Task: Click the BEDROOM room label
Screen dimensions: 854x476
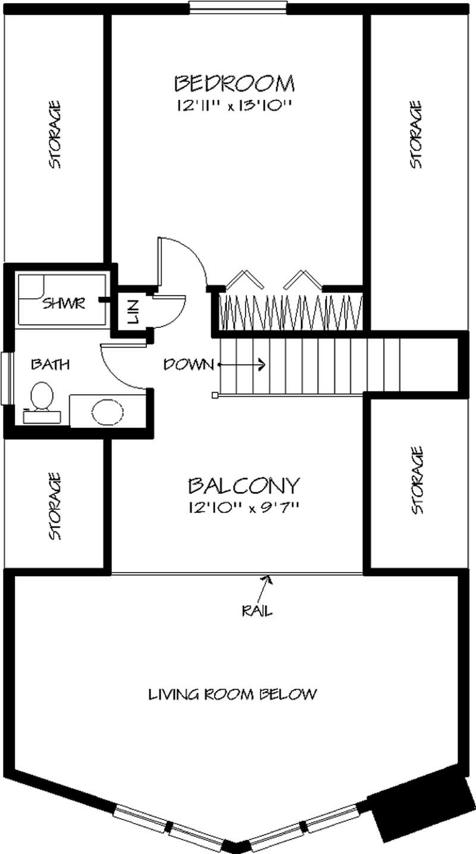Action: pyautogui.click(x=234, y=83)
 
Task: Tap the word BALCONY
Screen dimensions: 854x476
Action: pyautogui.click(x=243, y=486)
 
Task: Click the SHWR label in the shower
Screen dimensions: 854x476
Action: pyautogui.click(x=64, y=304)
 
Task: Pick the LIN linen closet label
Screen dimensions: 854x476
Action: pyautogui.click(x=132, y=311)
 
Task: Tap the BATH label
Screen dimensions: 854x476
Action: pyautogui.click(x=50, y=364)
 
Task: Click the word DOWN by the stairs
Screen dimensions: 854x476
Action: pyautogui.click(x=188, y=364)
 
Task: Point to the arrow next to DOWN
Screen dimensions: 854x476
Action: pyautogui.click(x=243, y=364)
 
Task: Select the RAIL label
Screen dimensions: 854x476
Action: pyautogui.click(x=257, y=611)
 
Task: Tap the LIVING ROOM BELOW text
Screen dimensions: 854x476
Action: pyautogui.click(x=232, y=694)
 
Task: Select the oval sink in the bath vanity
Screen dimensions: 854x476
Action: pyautogui.click(x=108, y=411)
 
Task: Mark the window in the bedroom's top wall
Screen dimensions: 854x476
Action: pyautogui.click(x=238, y=8)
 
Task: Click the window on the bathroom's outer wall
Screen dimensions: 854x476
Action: pyautogui.click(x=5, y=379)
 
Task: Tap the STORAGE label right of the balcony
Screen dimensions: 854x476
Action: pyautogui.click(x=416, y=481)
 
